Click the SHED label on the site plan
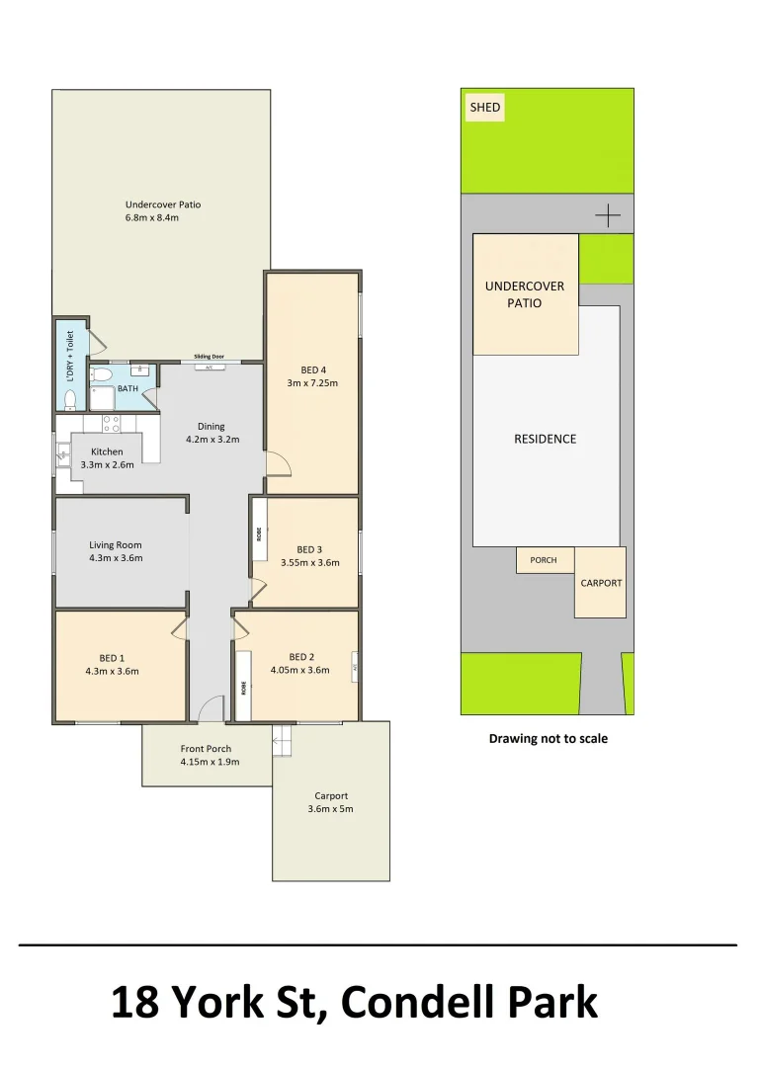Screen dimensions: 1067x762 tap(484, 107)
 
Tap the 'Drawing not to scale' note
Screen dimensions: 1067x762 tap(548, 738)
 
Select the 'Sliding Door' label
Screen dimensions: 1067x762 tap(209, 357)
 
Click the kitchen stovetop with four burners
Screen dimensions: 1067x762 tap(111, 424)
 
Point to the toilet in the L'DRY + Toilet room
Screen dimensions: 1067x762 tap(69, 399)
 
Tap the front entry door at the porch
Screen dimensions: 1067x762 tap(211, 709)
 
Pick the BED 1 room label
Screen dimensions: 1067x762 tap(112, 658)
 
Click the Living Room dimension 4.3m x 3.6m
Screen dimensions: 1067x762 tap(116, 558)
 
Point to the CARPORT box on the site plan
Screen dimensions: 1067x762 tap(600, 583)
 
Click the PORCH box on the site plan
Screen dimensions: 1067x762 tap(544, 560)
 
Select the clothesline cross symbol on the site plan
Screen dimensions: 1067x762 tap(608, 214)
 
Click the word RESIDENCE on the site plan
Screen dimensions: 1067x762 tap(545, 439)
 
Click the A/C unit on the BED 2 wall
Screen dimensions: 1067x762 tap(354, 668)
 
